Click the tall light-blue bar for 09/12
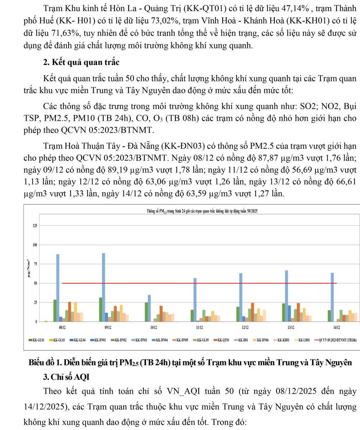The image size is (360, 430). click(104, 287)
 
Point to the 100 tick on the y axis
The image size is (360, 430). click(34, 245)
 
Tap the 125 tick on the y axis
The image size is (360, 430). click(34, 225)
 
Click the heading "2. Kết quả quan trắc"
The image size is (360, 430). click(81, 62)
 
